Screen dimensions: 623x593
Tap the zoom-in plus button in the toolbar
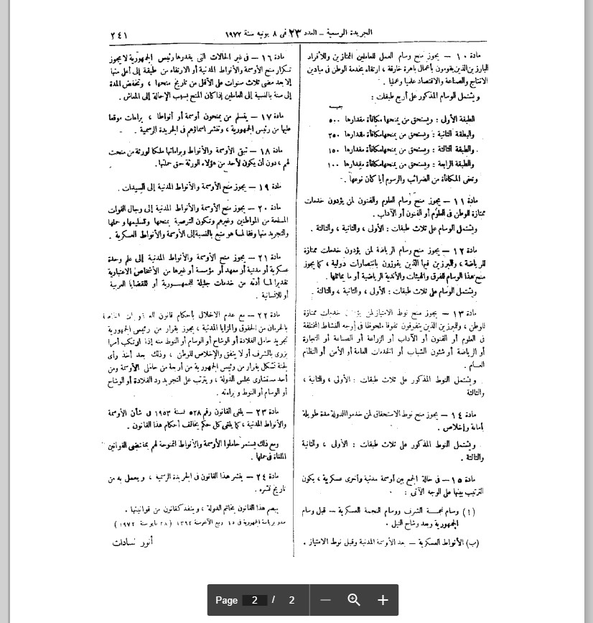pos(383,600)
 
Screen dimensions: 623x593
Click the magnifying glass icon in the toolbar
pos(354,600)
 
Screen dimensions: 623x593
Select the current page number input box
pos(254,600)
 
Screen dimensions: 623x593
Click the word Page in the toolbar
pos(226,600)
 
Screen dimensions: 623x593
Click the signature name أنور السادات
pos(131,543)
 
